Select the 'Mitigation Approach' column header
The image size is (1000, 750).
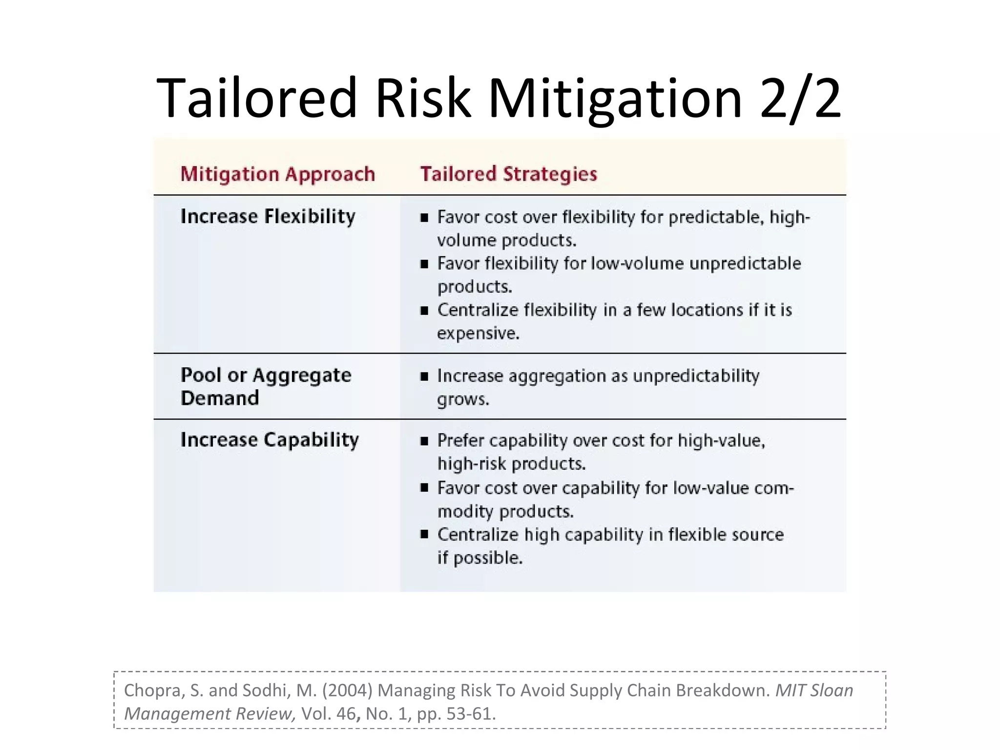[x=277, y=174]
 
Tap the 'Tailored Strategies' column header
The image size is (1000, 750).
[x=508, y=174]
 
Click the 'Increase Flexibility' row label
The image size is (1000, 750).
[x=268, y=216]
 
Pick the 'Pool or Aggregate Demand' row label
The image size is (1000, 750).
[x=266, y=386]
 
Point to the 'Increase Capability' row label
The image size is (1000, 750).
[x=270, y=439]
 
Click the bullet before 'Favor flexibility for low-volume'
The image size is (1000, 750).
[x=424, y=264]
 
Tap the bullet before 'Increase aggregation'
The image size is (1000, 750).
[x=424, y=376]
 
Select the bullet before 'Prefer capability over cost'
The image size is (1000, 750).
[x=424, y=441]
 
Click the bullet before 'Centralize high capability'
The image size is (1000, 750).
[x=424, y=535]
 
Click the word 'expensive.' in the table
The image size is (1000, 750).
[x=478, y=333]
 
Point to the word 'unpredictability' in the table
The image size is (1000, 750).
[x=696, y=376]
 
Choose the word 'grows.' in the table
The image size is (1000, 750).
[x=463, y=399]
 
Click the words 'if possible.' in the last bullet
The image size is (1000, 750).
[x=480, y=558]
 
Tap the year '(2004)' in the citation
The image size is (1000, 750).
[x=347, y=690]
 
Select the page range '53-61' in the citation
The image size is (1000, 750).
[x=469, y=714]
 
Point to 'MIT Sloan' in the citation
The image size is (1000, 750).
[x=814, y=690]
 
